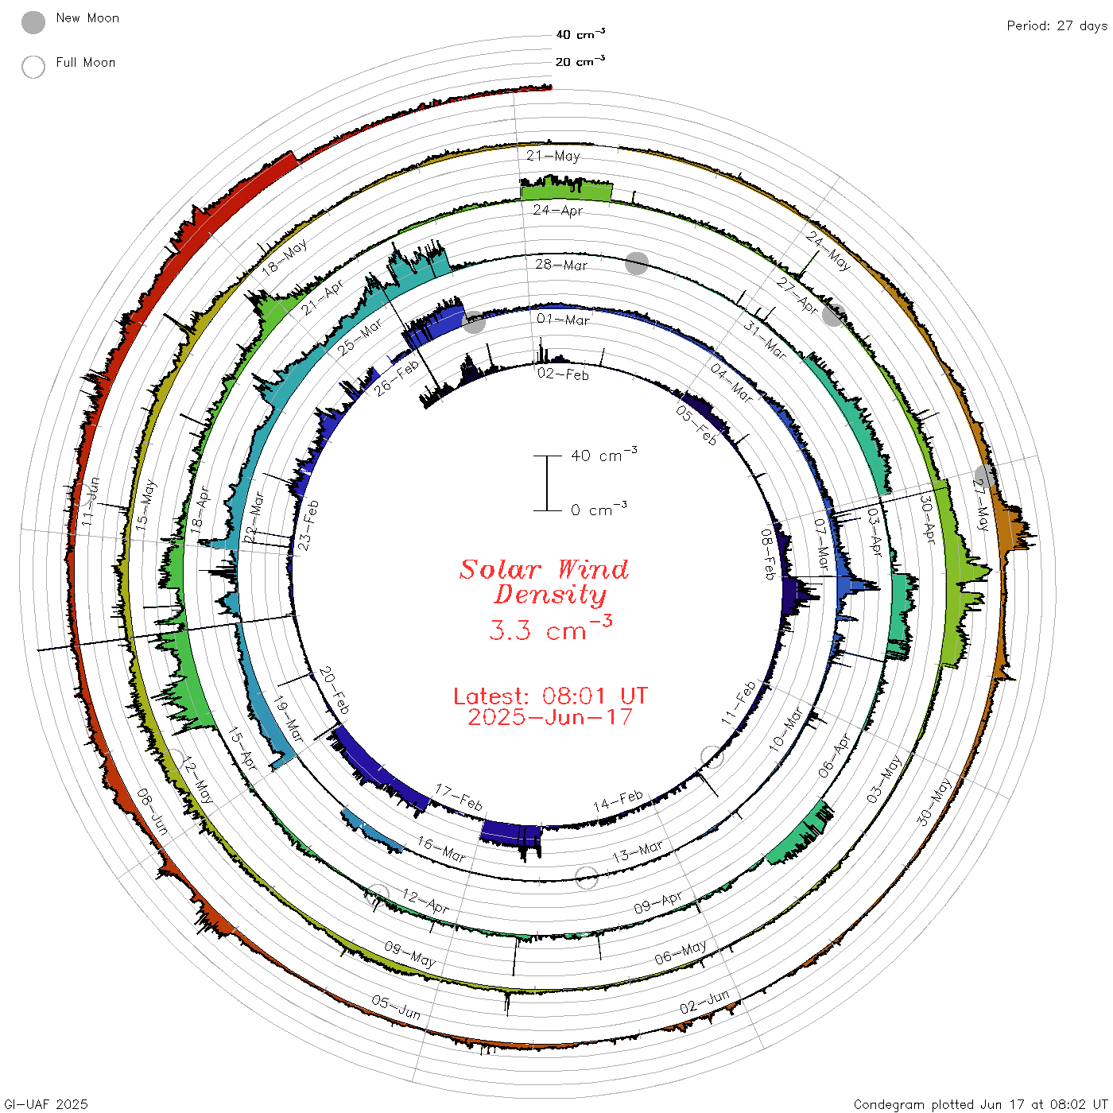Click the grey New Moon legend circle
click(33, 22)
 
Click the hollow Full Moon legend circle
click(33, 67)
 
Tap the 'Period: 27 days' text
click(1057, 26)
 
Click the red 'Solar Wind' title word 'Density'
click(550, 595)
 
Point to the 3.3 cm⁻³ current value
click(550, 628)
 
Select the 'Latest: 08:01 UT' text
click(550, 696)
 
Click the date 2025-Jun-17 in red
click(550, 717)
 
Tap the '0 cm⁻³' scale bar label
click(599, 509)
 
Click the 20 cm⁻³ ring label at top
click(580, 60)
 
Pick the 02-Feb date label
click(563, 374)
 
